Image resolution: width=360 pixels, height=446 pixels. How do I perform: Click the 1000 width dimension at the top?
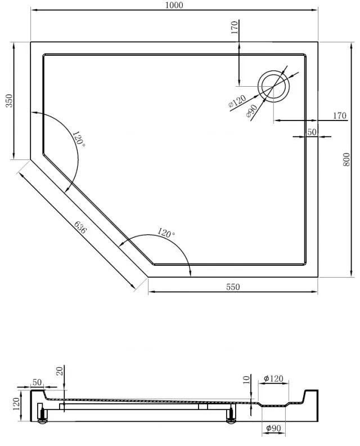click(x=174, y=5)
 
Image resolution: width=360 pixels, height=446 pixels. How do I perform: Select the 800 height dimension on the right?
click(x=346, y=159)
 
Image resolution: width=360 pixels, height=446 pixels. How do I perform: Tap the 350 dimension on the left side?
click(x=10, y=101)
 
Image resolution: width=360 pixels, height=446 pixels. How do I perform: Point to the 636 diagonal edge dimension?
click(x=80, y=228)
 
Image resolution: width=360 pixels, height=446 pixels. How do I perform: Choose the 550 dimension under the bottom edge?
click(x=233, y=287)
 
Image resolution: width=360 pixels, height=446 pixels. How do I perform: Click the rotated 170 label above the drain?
click(x=235, y=28)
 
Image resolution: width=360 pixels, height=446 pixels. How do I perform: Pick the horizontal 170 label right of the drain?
click(x=340, y=115)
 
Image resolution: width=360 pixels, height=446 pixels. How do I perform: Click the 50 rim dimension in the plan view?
click(x=312, y=132)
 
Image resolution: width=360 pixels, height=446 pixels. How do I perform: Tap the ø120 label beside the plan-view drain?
click(x=237, y=101)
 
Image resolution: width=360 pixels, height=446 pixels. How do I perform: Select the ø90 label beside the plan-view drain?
click(x=252, y=111)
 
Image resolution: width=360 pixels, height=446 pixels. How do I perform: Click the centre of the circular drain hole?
click(x=273, y=86)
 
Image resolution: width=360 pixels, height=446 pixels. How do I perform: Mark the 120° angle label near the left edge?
click(x=79, y=139)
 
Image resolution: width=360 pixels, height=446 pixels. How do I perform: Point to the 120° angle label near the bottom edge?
click(x=166, y=233)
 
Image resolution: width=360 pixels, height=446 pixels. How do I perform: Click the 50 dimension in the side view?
click(x=37, y=382)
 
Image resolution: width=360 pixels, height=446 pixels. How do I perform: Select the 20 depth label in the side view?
click(x=60, y=371)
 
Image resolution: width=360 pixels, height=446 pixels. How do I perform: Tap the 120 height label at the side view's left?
click(x=16, y=404)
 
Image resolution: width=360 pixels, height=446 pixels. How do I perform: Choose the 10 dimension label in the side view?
click(x=246, y=380)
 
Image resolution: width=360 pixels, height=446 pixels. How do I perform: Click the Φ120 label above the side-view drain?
click(x=273, y=378)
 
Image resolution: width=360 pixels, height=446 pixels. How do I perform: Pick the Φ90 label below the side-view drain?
click(x=273, y=428)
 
